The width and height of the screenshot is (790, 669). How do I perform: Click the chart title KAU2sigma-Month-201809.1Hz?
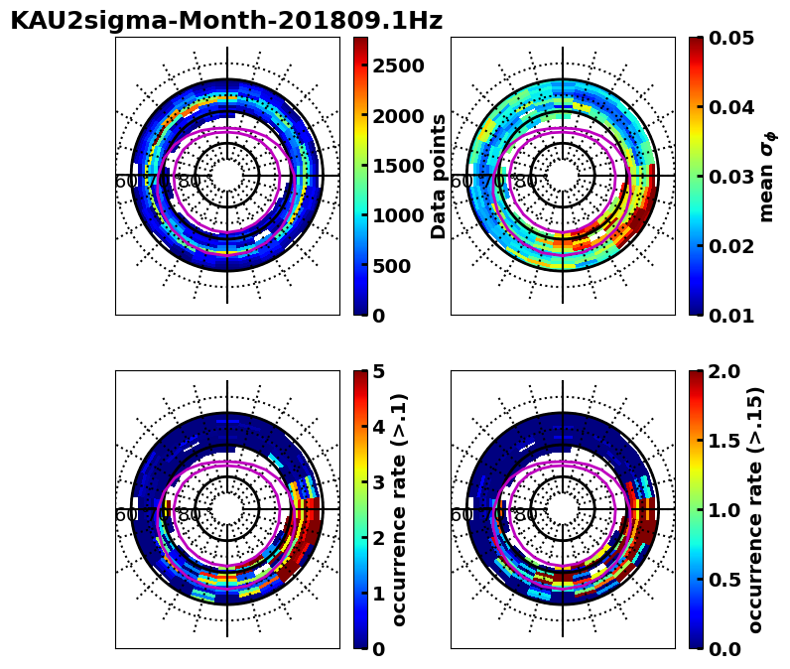226,21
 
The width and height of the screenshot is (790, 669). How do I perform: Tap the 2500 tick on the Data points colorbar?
397,66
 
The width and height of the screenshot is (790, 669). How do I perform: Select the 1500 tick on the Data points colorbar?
397,166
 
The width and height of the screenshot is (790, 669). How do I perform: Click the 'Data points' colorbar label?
439,176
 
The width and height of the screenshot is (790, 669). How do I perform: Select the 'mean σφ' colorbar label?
766,176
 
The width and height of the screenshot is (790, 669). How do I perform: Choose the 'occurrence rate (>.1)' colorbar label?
400,509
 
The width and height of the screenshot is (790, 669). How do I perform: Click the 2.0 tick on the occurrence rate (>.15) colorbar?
726,372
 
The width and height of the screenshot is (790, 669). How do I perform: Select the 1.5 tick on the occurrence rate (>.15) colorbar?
726,441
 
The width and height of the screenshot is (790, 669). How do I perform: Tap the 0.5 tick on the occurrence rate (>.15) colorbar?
726,580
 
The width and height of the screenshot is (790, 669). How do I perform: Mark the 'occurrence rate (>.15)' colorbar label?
756,509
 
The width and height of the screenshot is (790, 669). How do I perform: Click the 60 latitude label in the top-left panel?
126,182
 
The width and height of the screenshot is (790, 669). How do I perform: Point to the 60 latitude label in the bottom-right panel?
461,515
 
